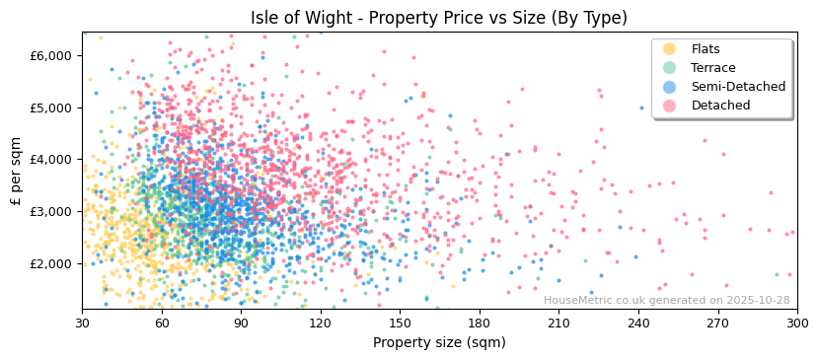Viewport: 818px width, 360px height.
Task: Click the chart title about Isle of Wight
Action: coord(438,18)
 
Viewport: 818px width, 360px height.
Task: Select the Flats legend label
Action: coord(706,49)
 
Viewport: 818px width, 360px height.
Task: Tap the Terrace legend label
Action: coord(712,68)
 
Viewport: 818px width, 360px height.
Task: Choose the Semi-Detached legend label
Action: coord(738,87)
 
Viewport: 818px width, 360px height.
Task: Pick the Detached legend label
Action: coord(720,106)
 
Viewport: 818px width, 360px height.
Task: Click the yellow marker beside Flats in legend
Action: coord(669,49)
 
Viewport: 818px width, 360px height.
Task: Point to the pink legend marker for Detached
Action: coord(669,106)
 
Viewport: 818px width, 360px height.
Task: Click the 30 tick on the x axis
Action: coord(82,324)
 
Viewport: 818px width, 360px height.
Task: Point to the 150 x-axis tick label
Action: coord(400,324)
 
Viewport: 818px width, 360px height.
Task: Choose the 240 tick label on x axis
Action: coord(638,324)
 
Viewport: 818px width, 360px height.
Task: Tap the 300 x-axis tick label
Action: coord(796,324)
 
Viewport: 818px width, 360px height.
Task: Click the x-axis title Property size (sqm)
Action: coord(439,342)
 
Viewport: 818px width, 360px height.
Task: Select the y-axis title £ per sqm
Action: coord(17,171)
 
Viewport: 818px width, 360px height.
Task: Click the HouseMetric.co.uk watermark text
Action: coord(666,301)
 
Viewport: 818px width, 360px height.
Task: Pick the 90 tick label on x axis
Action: coord(241,324)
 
